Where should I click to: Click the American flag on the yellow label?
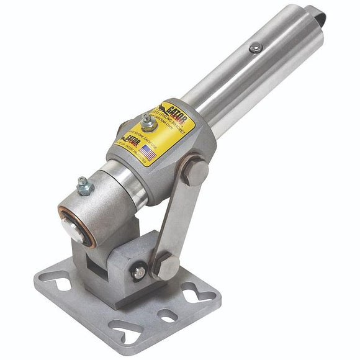[x=148, y=151]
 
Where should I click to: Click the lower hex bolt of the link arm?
[x=166, y=265]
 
